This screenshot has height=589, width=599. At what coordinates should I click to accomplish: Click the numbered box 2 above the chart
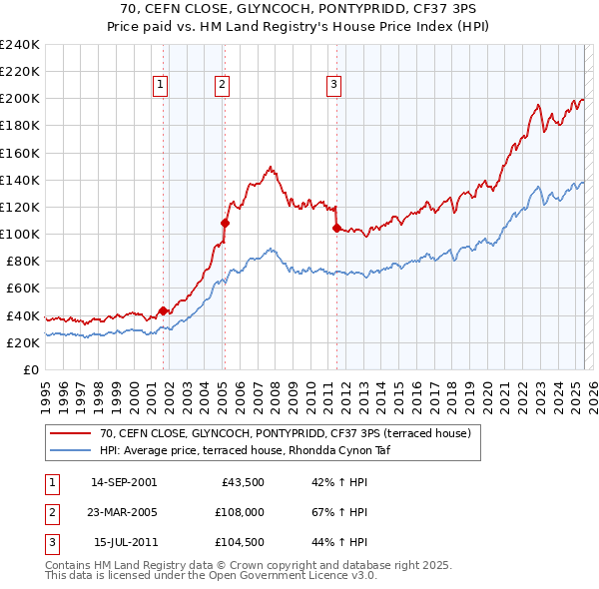tap(221, 86)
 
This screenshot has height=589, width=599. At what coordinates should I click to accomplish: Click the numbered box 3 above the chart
tap(333, 86)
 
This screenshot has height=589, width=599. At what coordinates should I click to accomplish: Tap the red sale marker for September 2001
tap(164, 310)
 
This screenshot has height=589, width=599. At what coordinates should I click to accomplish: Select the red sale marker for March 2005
tap(225, 224)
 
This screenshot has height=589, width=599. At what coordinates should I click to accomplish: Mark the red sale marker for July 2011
tap(336, 229)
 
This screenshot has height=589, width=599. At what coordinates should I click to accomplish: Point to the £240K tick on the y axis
tap(20, 45)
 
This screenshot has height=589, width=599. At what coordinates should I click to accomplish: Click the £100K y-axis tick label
tap(20, 234)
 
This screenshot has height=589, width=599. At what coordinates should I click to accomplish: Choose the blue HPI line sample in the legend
tap(70, 450)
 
